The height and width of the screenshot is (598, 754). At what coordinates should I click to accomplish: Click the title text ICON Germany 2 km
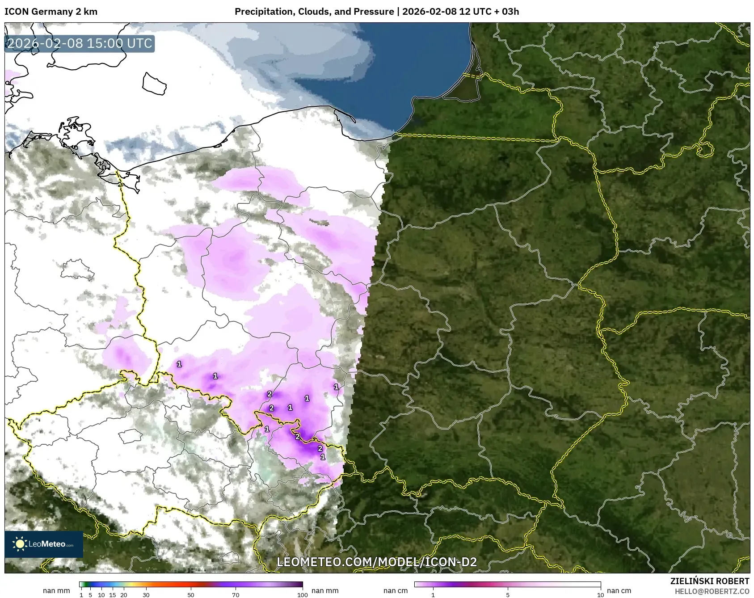point(51,12)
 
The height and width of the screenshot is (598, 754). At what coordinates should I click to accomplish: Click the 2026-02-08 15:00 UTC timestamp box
point(80,43)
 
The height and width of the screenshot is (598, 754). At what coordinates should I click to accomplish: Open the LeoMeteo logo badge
point(44,544)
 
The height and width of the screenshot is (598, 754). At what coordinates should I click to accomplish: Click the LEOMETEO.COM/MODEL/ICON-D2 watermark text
point(377,562)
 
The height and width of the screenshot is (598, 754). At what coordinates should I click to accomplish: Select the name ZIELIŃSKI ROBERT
point(710,581)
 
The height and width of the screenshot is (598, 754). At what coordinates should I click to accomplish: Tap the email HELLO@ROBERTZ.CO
point(712,591)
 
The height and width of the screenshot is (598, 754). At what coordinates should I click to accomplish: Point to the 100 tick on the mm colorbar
point(303,594)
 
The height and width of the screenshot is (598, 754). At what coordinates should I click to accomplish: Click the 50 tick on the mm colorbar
point(191,594)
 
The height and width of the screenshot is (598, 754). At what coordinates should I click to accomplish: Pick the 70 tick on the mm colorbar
point(236,594)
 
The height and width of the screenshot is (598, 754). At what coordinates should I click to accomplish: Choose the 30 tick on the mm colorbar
point(146,594)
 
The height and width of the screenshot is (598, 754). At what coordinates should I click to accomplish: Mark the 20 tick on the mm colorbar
point(124,594)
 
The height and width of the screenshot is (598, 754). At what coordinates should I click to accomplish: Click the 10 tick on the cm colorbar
point(600,594)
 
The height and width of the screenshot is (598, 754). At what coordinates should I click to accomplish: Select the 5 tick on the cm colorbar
point(508,594)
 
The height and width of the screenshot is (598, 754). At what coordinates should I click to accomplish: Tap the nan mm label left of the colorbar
point(56,590)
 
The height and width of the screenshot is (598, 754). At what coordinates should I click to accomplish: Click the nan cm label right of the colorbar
point(619,590)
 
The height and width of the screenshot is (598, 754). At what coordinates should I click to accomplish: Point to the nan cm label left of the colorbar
point(396,590)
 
